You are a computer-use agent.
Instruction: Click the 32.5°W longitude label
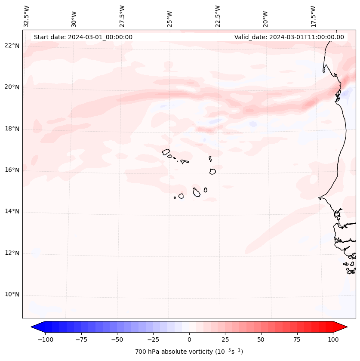point(27,16)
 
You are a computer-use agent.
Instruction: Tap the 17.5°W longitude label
point(313,16)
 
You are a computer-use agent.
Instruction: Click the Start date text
point(83,37)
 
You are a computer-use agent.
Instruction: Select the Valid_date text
point(289,37)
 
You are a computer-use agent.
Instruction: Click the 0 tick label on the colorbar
point(189,339)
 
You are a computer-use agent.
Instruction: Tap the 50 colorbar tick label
point(261,339)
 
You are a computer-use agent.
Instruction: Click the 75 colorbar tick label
point(297,339)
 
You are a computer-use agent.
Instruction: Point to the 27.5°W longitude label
point(122,16)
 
